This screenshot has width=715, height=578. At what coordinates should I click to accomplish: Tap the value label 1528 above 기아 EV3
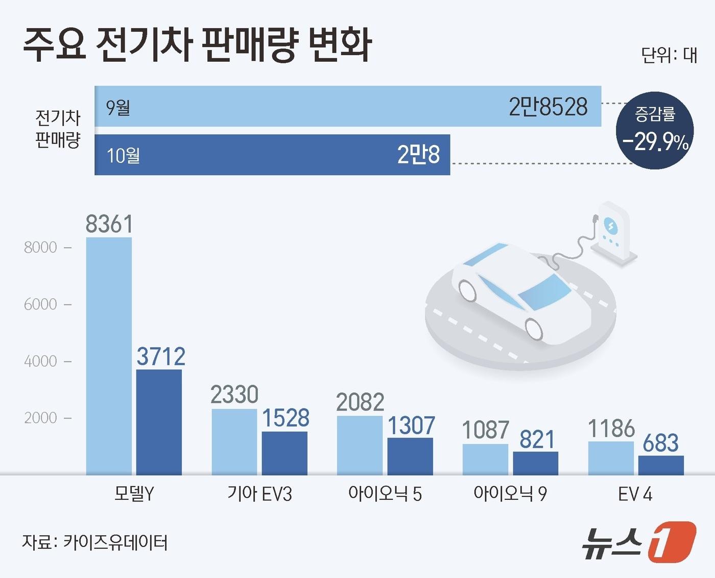[x=285, y=418]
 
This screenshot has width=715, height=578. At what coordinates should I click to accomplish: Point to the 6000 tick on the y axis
[x=40, y=304]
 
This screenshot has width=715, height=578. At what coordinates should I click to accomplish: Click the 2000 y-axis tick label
[x=40, y=418]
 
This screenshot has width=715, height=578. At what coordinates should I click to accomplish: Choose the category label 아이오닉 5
[x=385, y=494]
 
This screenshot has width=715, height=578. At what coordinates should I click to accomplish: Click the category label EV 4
[x=635, y=494]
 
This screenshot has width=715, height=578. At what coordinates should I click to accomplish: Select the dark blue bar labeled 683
[x=661, y=465]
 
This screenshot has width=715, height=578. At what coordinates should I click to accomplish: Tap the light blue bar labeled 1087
[x=485, y=460]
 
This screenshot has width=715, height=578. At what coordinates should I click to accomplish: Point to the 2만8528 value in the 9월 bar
[x=548, y=107]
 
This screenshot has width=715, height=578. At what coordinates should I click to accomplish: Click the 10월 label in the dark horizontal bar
[x=123, y=155]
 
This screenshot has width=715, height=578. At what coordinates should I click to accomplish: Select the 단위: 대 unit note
[x=669, y=55]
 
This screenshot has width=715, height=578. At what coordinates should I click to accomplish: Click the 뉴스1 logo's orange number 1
[x=671, y=542]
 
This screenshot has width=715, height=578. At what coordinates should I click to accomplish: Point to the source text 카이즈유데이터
[x=115, y=542]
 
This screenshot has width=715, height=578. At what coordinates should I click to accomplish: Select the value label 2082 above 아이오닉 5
[x=360, y=402]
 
